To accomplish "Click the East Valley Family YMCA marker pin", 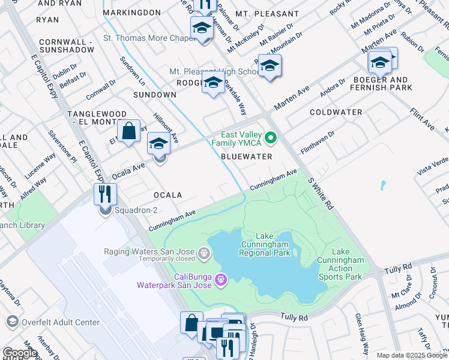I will [270, 139].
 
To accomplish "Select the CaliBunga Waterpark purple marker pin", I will [221, 279].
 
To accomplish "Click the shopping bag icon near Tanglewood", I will [128, 131].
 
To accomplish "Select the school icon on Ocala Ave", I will [159, 144].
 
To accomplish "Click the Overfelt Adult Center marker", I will [12, 322].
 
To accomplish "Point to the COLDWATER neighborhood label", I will [336, 112].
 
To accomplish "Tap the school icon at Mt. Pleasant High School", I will [213, 85].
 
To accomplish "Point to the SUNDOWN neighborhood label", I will [154, 95].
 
